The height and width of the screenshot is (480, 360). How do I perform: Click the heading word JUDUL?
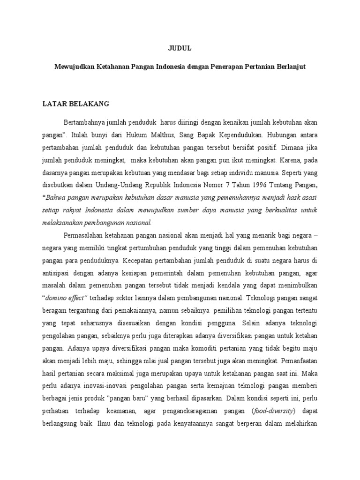[180, 48]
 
